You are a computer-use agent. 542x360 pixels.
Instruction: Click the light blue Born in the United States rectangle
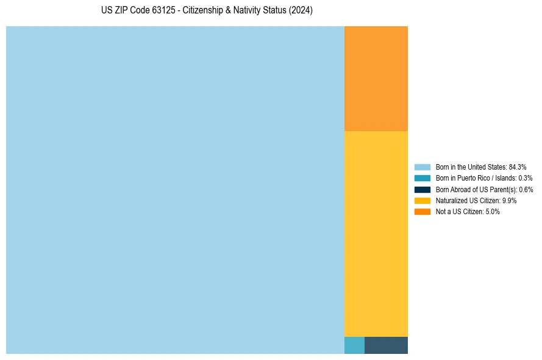(175, 190)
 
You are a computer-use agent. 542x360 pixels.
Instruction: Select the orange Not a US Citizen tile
(376, 78)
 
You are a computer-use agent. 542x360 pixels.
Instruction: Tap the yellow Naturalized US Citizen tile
(376, 234)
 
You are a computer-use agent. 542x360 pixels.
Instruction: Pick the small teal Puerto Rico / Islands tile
(354, 345)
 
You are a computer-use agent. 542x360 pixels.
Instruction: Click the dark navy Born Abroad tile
(386, 345)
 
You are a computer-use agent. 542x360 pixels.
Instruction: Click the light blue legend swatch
(422, 167)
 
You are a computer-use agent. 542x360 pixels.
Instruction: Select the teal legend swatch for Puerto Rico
(422, 178)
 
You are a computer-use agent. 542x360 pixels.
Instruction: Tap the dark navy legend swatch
(422, 189)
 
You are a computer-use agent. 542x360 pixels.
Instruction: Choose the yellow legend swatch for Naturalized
(422, 200)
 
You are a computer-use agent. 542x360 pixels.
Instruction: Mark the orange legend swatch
(422, 212)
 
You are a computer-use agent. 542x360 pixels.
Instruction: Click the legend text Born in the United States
(471, 167)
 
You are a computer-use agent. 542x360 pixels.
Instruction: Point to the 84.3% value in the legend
(518, 167)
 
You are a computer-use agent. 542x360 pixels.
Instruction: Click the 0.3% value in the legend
(526, 178)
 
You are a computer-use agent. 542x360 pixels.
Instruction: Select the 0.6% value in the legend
(526, 189)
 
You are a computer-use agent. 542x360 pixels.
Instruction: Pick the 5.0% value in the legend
(493, 212)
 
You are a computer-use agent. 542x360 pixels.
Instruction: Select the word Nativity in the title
(251, 11)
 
